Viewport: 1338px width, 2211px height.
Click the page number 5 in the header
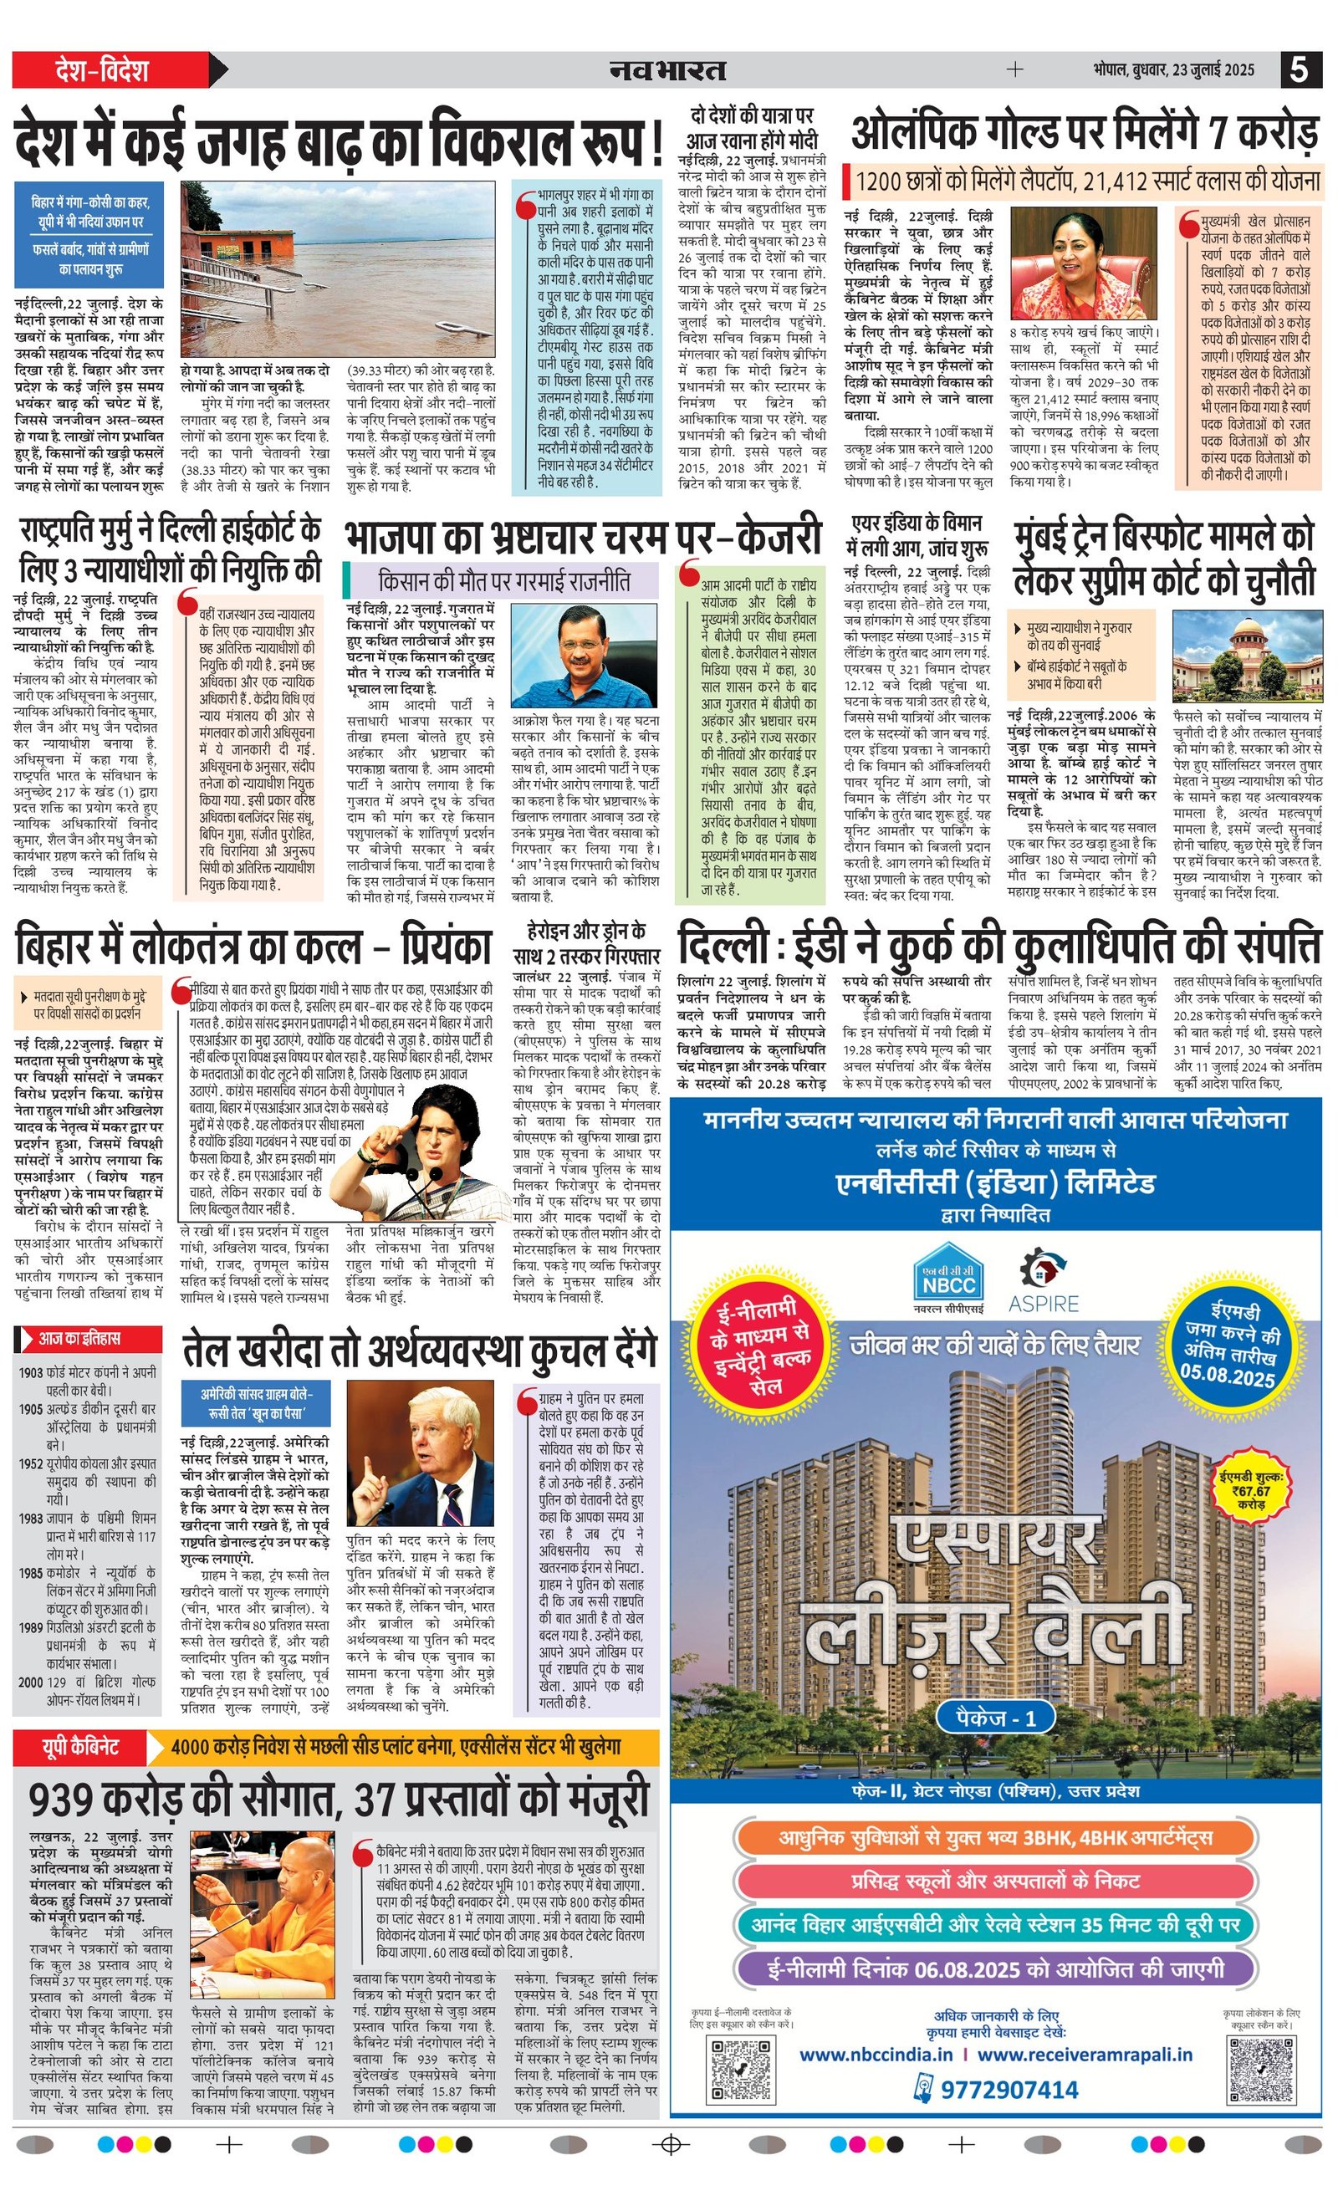tap(1300, 69)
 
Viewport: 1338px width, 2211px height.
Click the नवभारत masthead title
tap(667, 69)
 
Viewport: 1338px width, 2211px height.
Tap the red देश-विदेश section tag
tap(100, 70)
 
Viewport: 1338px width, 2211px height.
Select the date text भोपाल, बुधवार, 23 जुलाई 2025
tap(1174, 70)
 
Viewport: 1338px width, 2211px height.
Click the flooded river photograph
tap(337, 269)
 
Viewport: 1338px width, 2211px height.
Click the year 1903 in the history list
tap(30, 1372)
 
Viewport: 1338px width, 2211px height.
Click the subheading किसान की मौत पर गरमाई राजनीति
tap(504, 581)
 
